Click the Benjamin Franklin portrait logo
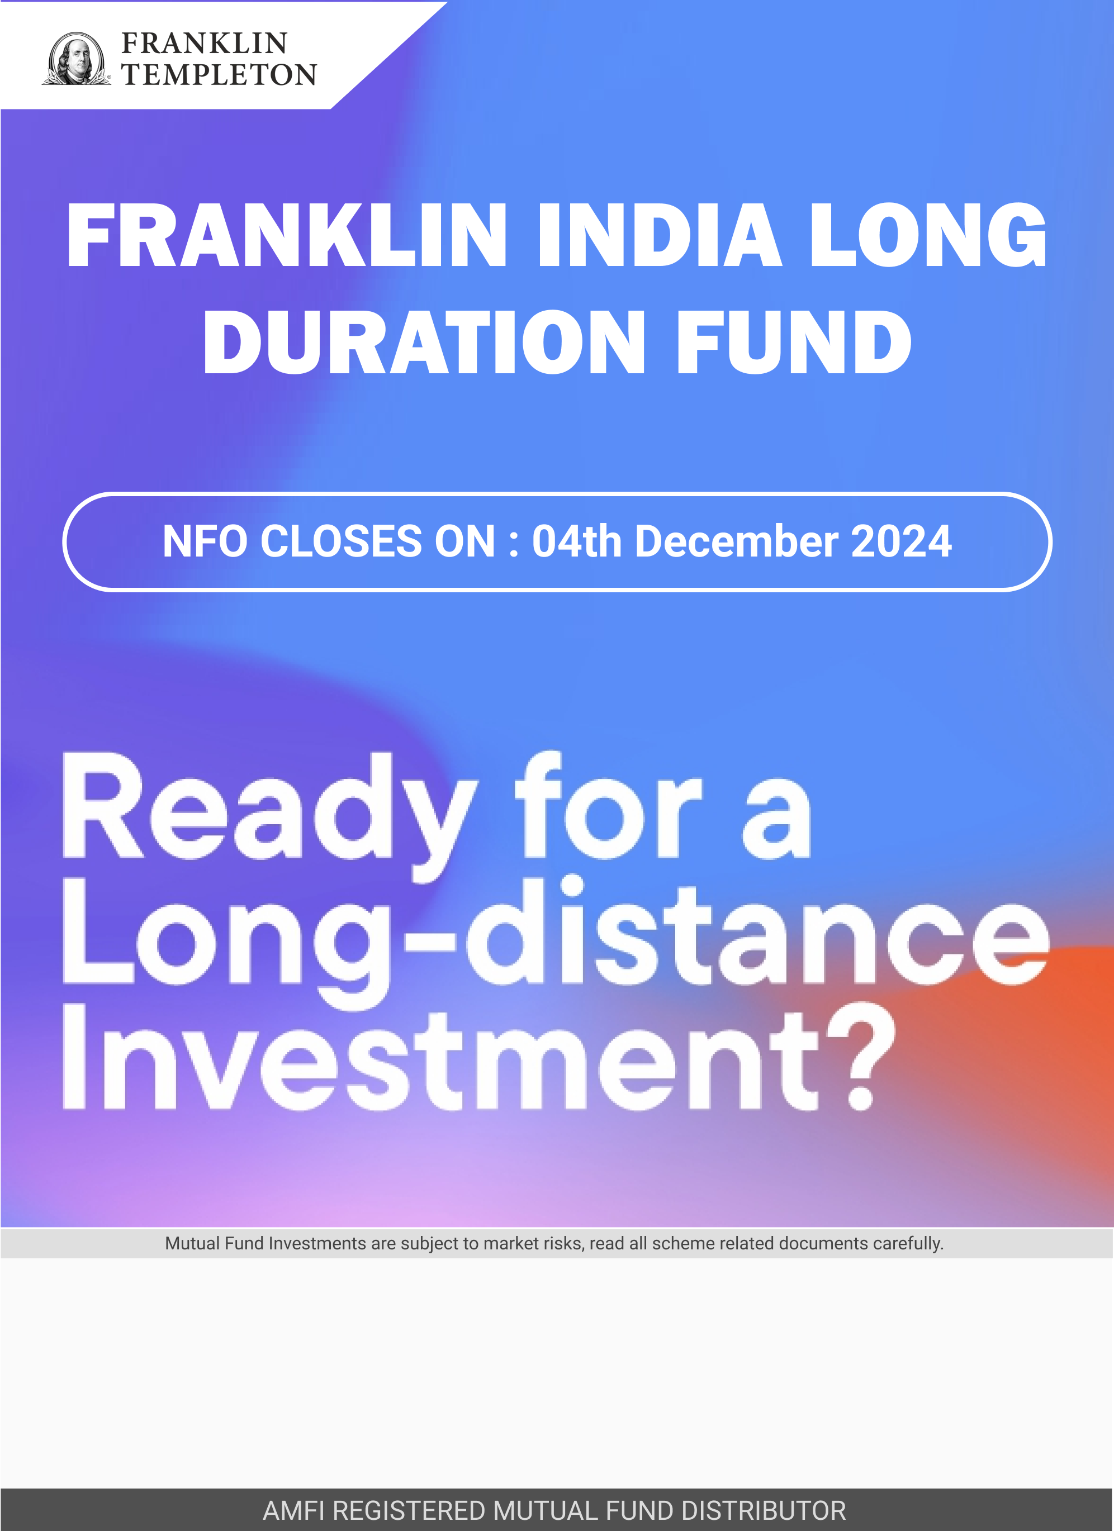coord(76,59)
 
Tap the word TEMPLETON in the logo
coord(219,75)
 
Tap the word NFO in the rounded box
coord(205,541)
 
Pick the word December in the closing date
coord(737,541)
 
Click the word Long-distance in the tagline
coord(556,943)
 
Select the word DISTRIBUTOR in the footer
coord(764,1511)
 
